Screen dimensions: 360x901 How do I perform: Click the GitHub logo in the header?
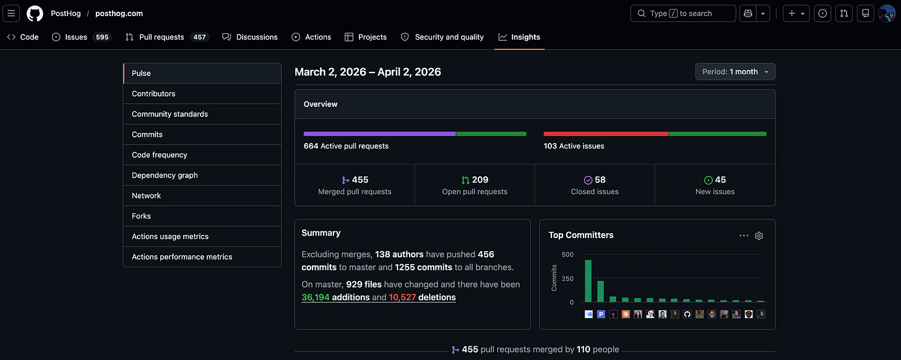tap(35, 13)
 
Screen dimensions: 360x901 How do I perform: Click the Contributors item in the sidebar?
tap(153, 93)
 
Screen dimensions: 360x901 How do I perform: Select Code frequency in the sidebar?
tap(159, 155)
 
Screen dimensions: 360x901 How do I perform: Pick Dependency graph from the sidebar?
tap(165, 175)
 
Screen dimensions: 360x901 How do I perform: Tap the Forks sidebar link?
tap(141, 216)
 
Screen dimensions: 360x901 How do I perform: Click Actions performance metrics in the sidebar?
tap(182, 257)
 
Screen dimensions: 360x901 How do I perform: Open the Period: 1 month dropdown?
tap(735, 72)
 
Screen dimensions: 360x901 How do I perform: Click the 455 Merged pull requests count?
tap(355, 180)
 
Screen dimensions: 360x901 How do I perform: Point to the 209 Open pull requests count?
tap(475, 180)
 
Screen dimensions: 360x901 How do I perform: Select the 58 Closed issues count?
tap(595, 180)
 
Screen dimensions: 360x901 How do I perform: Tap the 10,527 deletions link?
tap(422, 298)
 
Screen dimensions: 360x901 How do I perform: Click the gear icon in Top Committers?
tap(759, 236)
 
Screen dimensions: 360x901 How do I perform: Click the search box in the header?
tap(683, 13)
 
